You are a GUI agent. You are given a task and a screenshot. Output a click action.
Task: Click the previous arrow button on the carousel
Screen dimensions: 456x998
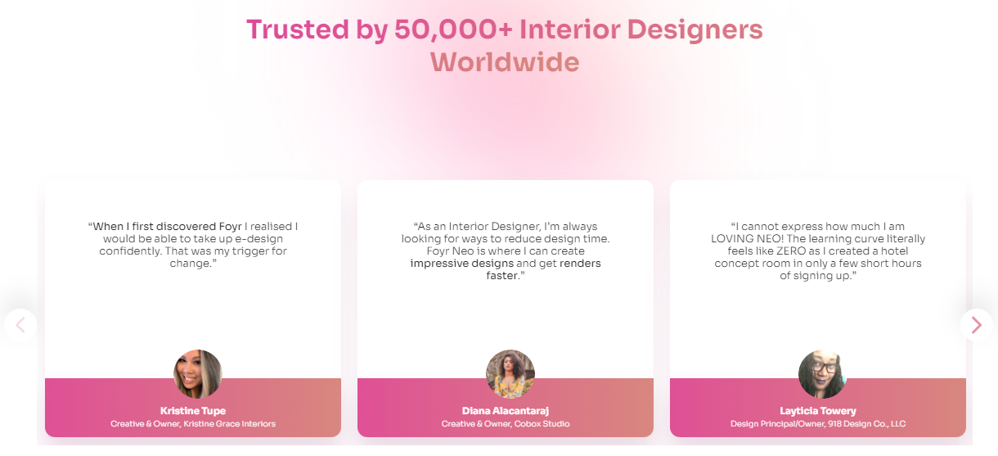(x=20, y=325)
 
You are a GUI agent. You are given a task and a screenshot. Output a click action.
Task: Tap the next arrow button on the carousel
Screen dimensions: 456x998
(x=976, y=325)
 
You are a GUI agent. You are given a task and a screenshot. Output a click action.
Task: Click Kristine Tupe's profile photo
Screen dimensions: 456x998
(x=198, y=374)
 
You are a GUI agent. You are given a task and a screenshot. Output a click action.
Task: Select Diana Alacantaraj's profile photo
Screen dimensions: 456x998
(x=510, y=374)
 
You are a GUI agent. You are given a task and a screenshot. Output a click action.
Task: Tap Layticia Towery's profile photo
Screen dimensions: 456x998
(x=822, y=374)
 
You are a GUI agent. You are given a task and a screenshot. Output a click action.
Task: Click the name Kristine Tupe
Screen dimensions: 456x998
(x=193, y=411)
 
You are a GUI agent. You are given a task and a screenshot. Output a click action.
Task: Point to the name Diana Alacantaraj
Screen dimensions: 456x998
(x=506, y=411)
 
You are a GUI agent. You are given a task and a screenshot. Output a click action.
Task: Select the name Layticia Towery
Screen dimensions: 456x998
(x=818, y=411)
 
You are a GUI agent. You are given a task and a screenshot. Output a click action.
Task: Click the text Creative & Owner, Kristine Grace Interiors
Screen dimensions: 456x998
(x=193, y=424)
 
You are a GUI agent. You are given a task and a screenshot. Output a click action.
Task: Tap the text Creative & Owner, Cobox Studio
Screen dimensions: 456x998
(x=506, y=424)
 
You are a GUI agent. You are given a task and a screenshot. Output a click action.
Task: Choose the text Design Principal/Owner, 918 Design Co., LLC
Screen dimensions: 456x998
(x=818, y=424)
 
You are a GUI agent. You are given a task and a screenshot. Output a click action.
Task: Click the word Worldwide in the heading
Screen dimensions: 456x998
(x=505, y=62)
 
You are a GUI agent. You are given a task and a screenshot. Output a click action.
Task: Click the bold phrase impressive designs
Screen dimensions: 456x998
(x=462, y=264)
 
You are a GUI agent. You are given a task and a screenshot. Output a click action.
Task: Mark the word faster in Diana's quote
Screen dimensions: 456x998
(x=502, y=276)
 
